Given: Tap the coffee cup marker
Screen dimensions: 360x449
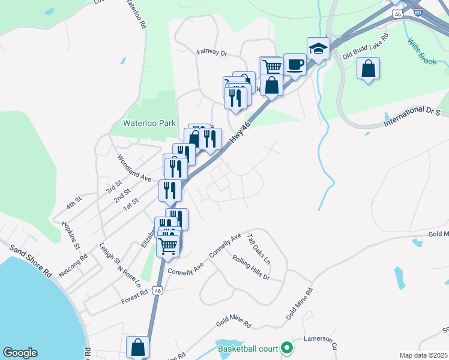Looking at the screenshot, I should pyautogui.click(x=295, y=64).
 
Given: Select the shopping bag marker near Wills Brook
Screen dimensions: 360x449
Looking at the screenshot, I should pyautogui.click(x=368, y=68).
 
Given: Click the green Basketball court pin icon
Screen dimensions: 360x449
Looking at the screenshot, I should pyautogui.click(x=287, y=347).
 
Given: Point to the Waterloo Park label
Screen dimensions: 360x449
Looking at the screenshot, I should pyautogui.click(x=149, y=123).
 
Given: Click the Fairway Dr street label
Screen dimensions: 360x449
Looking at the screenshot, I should pyautogui.click(x=212, y=53).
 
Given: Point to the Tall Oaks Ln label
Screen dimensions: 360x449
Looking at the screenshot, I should pyautogui.click(x=259, y=250).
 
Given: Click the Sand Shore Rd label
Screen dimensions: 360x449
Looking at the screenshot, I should pyautogui.click(x=30, y=260).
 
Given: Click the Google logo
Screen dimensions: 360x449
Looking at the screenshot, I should pyautogui.click(x=20, y=353).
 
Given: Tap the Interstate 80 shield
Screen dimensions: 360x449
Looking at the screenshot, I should pyautogui.click(x=418, y=10).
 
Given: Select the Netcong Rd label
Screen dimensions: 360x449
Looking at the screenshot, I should pyautogui.click(x=73, y=265).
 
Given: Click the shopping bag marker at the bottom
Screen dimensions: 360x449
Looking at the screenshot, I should pyautogui.click(x=137, y=347).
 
